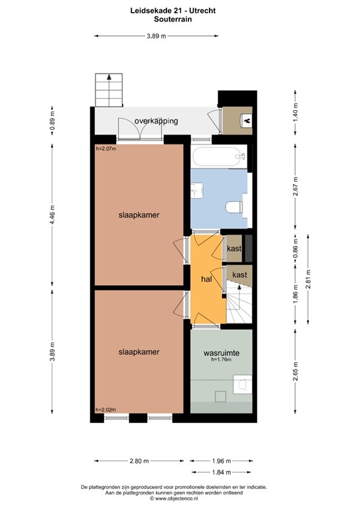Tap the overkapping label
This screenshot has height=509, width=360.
tap(154, 122)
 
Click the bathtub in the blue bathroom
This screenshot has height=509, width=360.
tap(219, 157)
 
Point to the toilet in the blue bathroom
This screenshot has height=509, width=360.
tap(234, 206)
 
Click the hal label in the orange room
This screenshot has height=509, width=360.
tap(206, 280)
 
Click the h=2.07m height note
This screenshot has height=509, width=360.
tap(105, 148)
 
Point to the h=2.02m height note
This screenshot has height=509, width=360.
tap(105, 409)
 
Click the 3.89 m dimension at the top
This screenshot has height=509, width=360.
tap(156, 36)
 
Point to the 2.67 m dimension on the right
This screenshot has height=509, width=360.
tap(296, 187)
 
